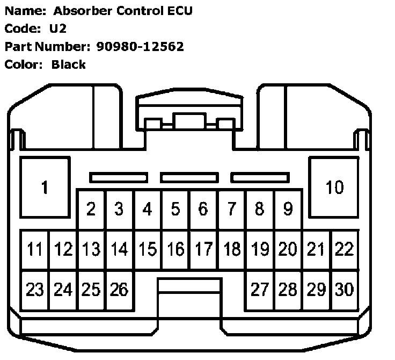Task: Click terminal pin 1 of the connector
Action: click(45, 188)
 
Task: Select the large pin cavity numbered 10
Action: click(334, 188)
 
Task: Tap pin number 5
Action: click(175, 209)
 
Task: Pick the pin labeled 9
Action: click(287, 209)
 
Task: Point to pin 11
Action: click(35, 249)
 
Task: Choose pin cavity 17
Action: click(203, 249)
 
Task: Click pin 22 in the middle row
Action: click(344, 249)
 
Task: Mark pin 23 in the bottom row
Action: click(35, 290)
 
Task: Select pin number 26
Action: click(119, 290)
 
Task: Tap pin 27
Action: click(259, 290)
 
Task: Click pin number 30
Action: click(344, 290)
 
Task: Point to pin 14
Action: click(119, 249)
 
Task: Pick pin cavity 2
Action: click(91, 209)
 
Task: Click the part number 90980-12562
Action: click(140, 46)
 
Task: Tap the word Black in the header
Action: click(69, 64)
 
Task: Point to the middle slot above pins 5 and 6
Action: click(189, 177)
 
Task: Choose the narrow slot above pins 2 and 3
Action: click(119, 177)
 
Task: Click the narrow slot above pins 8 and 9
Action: click(260, 177)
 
